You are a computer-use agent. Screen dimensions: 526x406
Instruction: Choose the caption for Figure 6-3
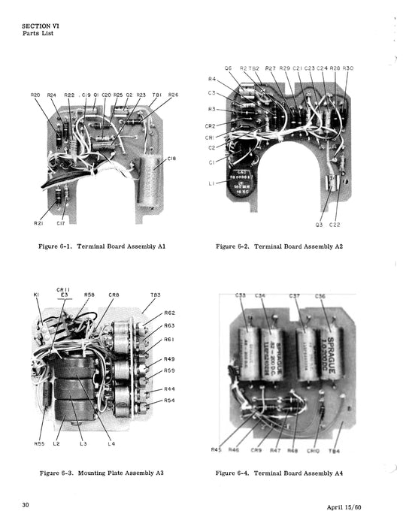click(102, 473)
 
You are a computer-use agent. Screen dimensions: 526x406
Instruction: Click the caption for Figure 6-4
click(280, 473)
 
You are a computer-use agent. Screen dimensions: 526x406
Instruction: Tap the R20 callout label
click(35, 95)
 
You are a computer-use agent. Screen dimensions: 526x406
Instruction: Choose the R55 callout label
click(39, 443)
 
